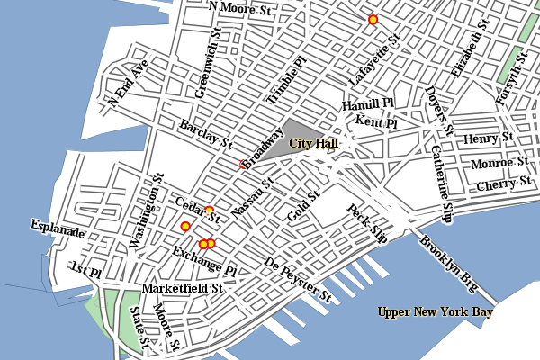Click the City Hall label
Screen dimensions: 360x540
(313, 143)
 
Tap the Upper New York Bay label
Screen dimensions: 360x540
(436, 312)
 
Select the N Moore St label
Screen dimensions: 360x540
(239, 8)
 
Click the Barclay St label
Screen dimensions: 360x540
(205, 134)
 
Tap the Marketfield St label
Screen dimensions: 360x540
(183, 289)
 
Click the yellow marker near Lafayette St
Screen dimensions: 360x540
(373, 19)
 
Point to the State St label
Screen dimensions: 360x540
(139, 329)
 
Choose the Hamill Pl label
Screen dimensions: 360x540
(368, 105)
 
